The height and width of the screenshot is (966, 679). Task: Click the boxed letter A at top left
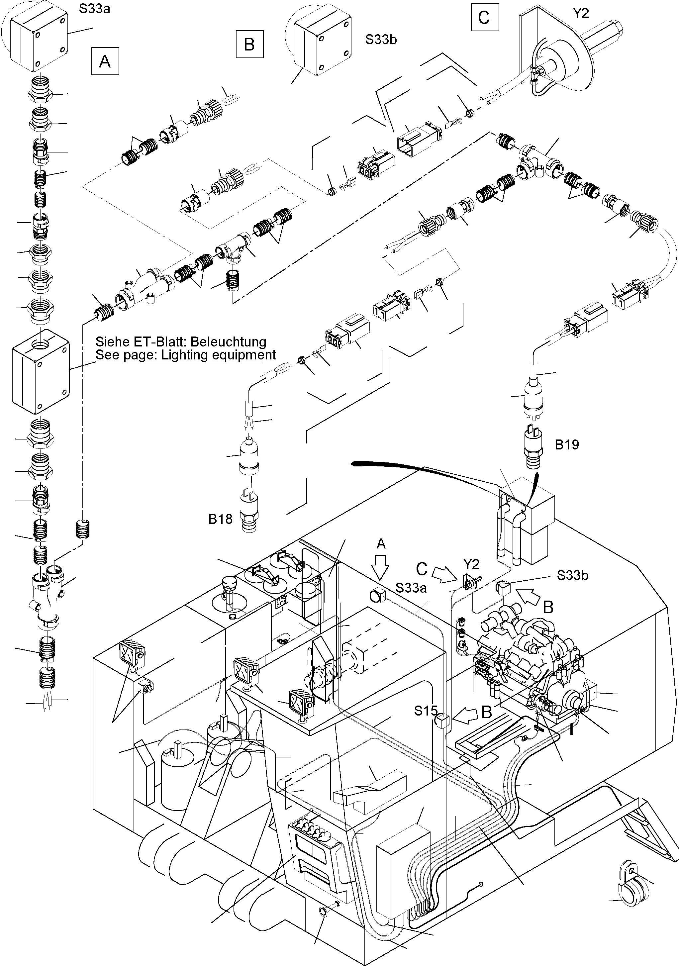tap(105, 61)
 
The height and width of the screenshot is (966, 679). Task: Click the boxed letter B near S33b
tap(249, 44)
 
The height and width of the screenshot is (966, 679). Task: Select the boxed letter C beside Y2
tap(484, 17)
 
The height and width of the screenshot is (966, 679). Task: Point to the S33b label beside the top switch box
tap(381, 40)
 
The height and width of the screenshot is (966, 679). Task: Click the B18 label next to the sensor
tap(221, 519)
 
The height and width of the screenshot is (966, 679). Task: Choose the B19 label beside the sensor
tap(567, 445)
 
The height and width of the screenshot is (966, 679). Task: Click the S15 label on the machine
tap(426, 711)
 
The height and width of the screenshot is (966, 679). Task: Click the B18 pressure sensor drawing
tap(249, 509)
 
